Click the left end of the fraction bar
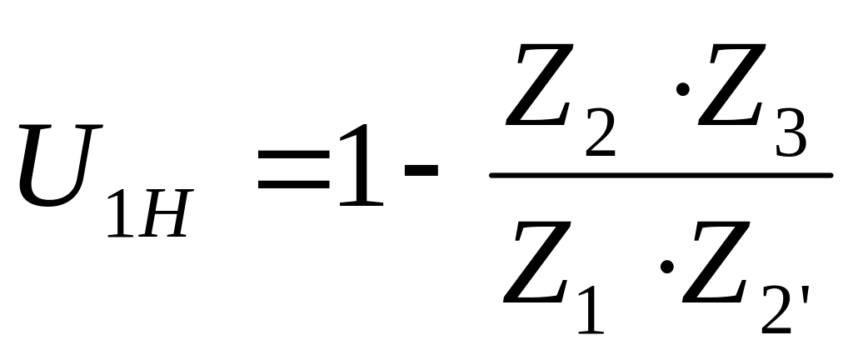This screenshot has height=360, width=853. pyautogui.click(x=493, y=175)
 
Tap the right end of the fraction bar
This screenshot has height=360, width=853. pyautogui.click(x=830, y=175)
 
